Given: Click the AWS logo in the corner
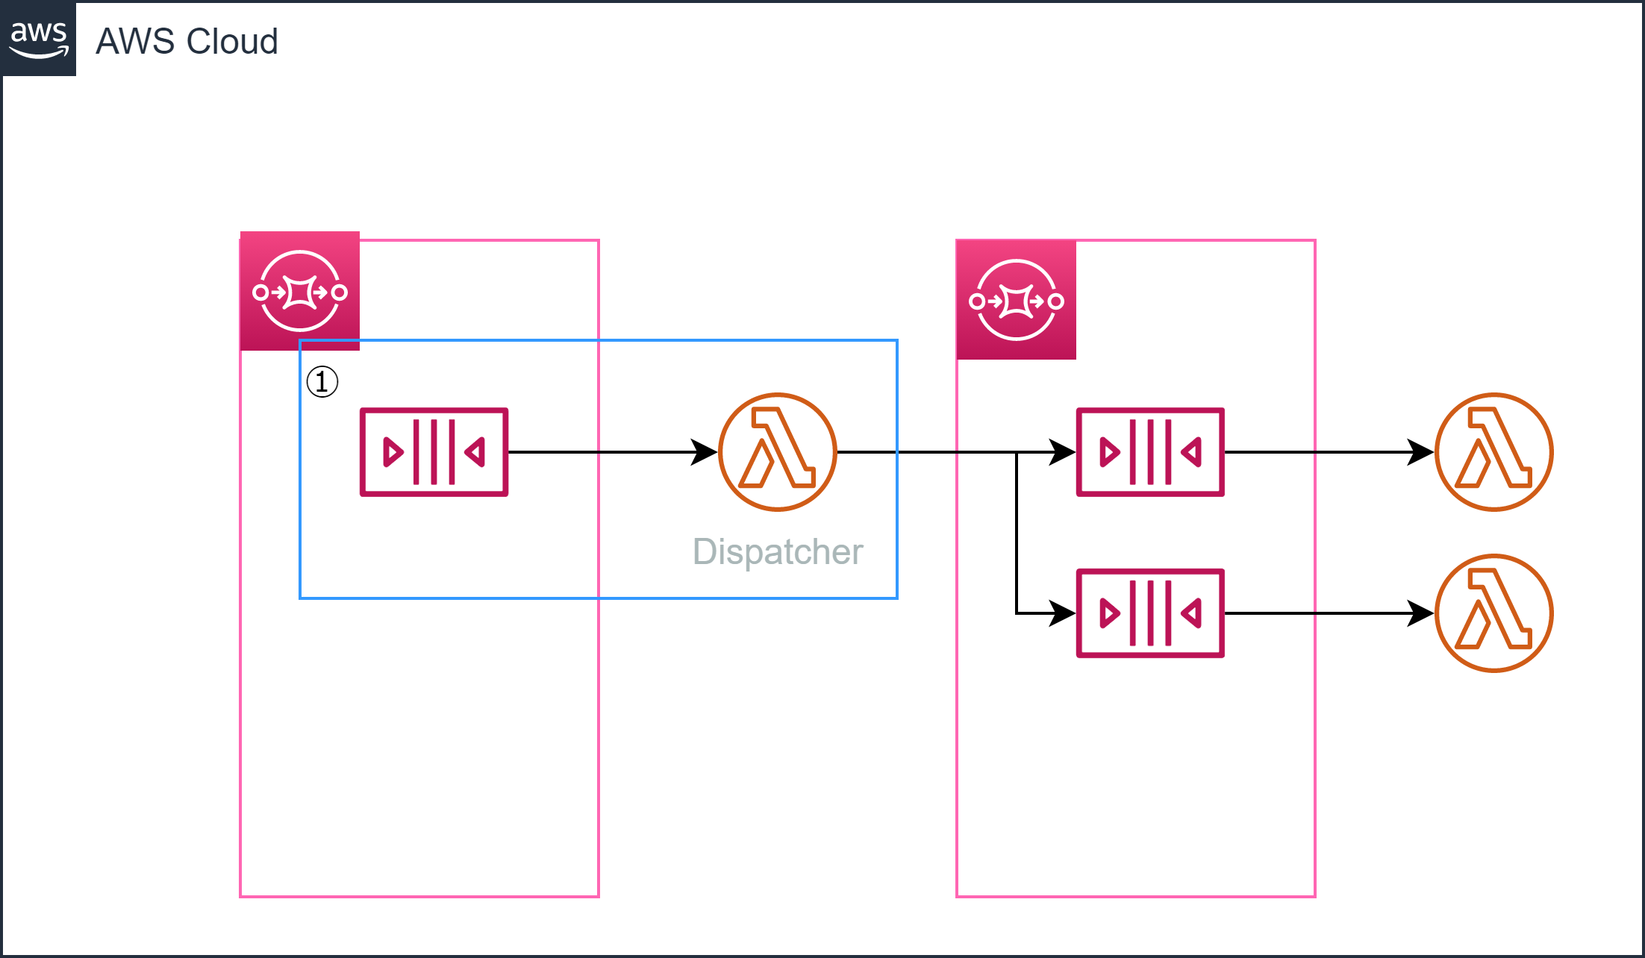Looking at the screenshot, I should (39, 39).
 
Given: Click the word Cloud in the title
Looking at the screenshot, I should (232, 42).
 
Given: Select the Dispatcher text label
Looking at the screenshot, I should (778, 552).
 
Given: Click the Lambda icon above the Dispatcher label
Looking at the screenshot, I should (778, 452).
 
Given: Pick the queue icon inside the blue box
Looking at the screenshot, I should (434, 452).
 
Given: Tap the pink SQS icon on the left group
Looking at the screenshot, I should (300, 292).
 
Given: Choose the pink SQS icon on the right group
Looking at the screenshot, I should (1017, 301).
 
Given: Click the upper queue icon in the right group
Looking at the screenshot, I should (1150, 452).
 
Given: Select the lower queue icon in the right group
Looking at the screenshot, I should (1150, 613).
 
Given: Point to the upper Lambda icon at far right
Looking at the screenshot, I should (1494, 452).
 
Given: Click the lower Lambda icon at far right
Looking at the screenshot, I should (1494, 613).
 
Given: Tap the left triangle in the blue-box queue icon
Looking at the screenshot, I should (392, 452).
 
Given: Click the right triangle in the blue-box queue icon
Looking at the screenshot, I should (476, 452).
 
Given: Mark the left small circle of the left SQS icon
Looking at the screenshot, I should (260, 292).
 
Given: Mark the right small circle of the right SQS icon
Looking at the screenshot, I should (1056, 301).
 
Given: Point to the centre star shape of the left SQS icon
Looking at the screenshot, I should (300, 292).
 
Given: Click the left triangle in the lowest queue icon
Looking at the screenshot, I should (1108, 613).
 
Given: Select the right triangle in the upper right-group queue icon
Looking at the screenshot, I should (1193, 452).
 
